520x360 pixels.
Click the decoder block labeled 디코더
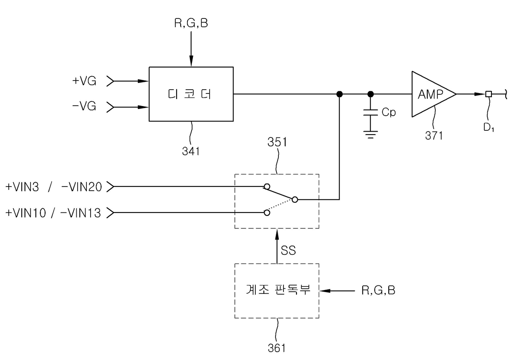[191, 94]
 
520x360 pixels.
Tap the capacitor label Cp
[389, 112]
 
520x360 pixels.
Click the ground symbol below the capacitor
[371, 135]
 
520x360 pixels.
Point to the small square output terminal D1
[489, 94]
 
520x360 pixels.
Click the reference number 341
[191, 151]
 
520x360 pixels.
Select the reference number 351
[277, 142]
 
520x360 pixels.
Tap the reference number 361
[277, 348]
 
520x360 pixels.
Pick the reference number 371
[434, 135]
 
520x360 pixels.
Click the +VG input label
[84, 81]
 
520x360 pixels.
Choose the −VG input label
[84, 106]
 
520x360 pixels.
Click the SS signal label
[289, 250]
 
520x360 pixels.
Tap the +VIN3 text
[22, 187]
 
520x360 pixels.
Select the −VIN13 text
[81, 213]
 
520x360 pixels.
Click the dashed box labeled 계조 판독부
[277, 291]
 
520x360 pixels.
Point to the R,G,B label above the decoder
[191, 23]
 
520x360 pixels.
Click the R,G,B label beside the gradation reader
[378, 290]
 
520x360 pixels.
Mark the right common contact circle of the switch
[295, 199]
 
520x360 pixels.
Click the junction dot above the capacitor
[371, 94]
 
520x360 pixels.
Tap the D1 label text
[489, 127]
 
